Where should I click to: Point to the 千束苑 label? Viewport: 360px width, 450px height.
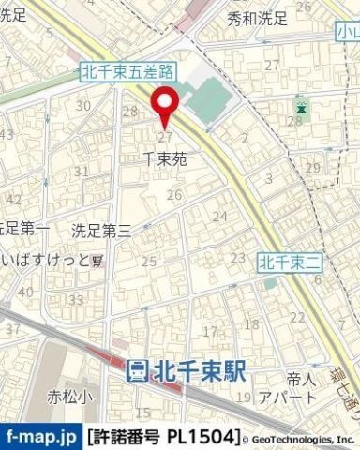point(164,159)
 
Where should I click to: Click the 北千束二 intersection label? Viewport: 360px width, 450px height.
point(290,259)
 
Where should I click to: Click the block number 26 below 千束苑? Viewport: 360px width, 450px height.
point(173,195)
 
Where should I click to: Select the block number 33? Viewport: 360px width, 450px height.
point(74,300)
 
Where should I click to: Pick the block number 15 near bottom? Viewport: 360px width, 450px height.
point(142,412)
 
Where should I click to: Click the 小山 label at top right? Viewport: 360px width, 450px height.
point(348,34)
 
